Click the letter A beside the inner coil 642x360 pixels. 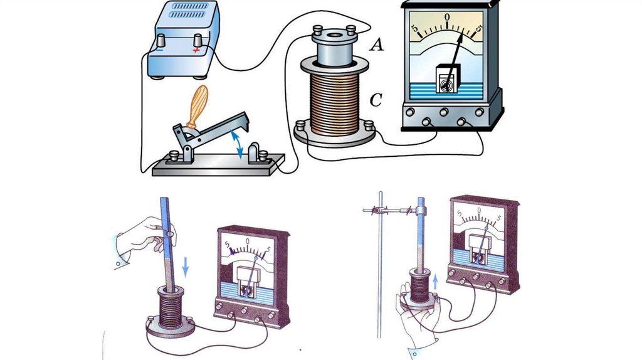377,45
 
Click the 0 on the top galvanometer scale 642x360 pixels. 447,16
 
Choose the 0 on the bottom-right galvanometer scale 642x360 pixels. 479,211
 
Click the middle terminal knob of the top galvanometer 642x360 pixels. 444,113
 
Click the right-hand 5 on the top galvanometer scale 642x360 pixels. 479,28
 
